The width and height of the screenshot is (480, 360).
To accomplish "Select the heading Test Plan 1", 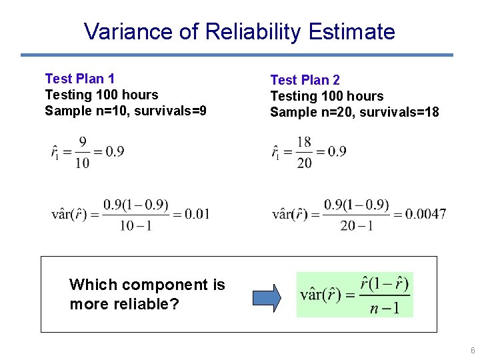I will coord(79,79).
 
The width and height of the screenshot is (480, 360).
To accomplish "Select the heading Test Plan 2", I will coord(305,80).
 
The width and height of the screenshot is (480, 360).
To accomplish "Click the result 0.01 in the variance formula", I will coord(197,214).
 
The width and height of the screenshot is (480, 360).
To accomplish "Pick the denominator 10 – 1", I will coord(136,226).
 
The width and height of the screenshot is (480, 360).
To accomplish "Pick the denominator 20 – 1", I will coord(357,226).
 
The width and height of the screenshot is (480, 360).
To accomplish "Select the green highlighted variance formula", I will coord(355,295).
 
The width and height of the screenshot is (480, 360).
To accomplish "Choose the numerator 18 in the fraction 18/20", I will coord(304,141).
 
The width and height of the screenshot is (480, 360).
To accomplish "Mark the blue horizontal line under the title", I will coord(237,55).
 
